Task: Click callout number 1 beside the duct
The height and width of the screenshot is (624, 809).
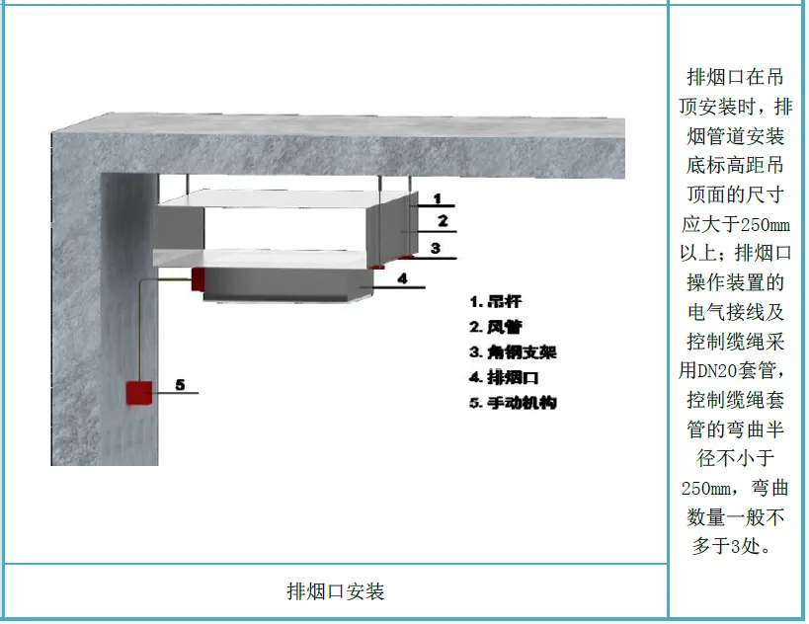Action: click(x=436, y=198)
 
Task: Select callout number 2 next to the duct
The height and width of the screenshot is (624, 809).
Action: click(x=444, y=221)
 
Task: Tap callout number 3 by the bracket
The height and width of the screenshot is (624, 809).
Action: click(x=435, y=248)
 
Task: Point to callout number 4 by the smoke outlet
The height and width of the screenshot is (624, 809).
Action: click(x=402, y=278)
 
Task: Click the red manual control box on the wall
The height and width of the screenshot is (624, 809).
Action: click(x=139, y=392)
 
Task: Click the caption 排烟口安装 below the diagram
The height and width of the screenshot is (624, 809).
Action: click(x=336, y=591)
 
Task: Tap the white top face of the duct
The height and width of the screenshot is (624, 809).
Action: click(x=286, y=199)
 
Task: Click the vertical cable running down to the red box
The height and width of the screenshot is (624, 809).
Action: click(x=139, y=331)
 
